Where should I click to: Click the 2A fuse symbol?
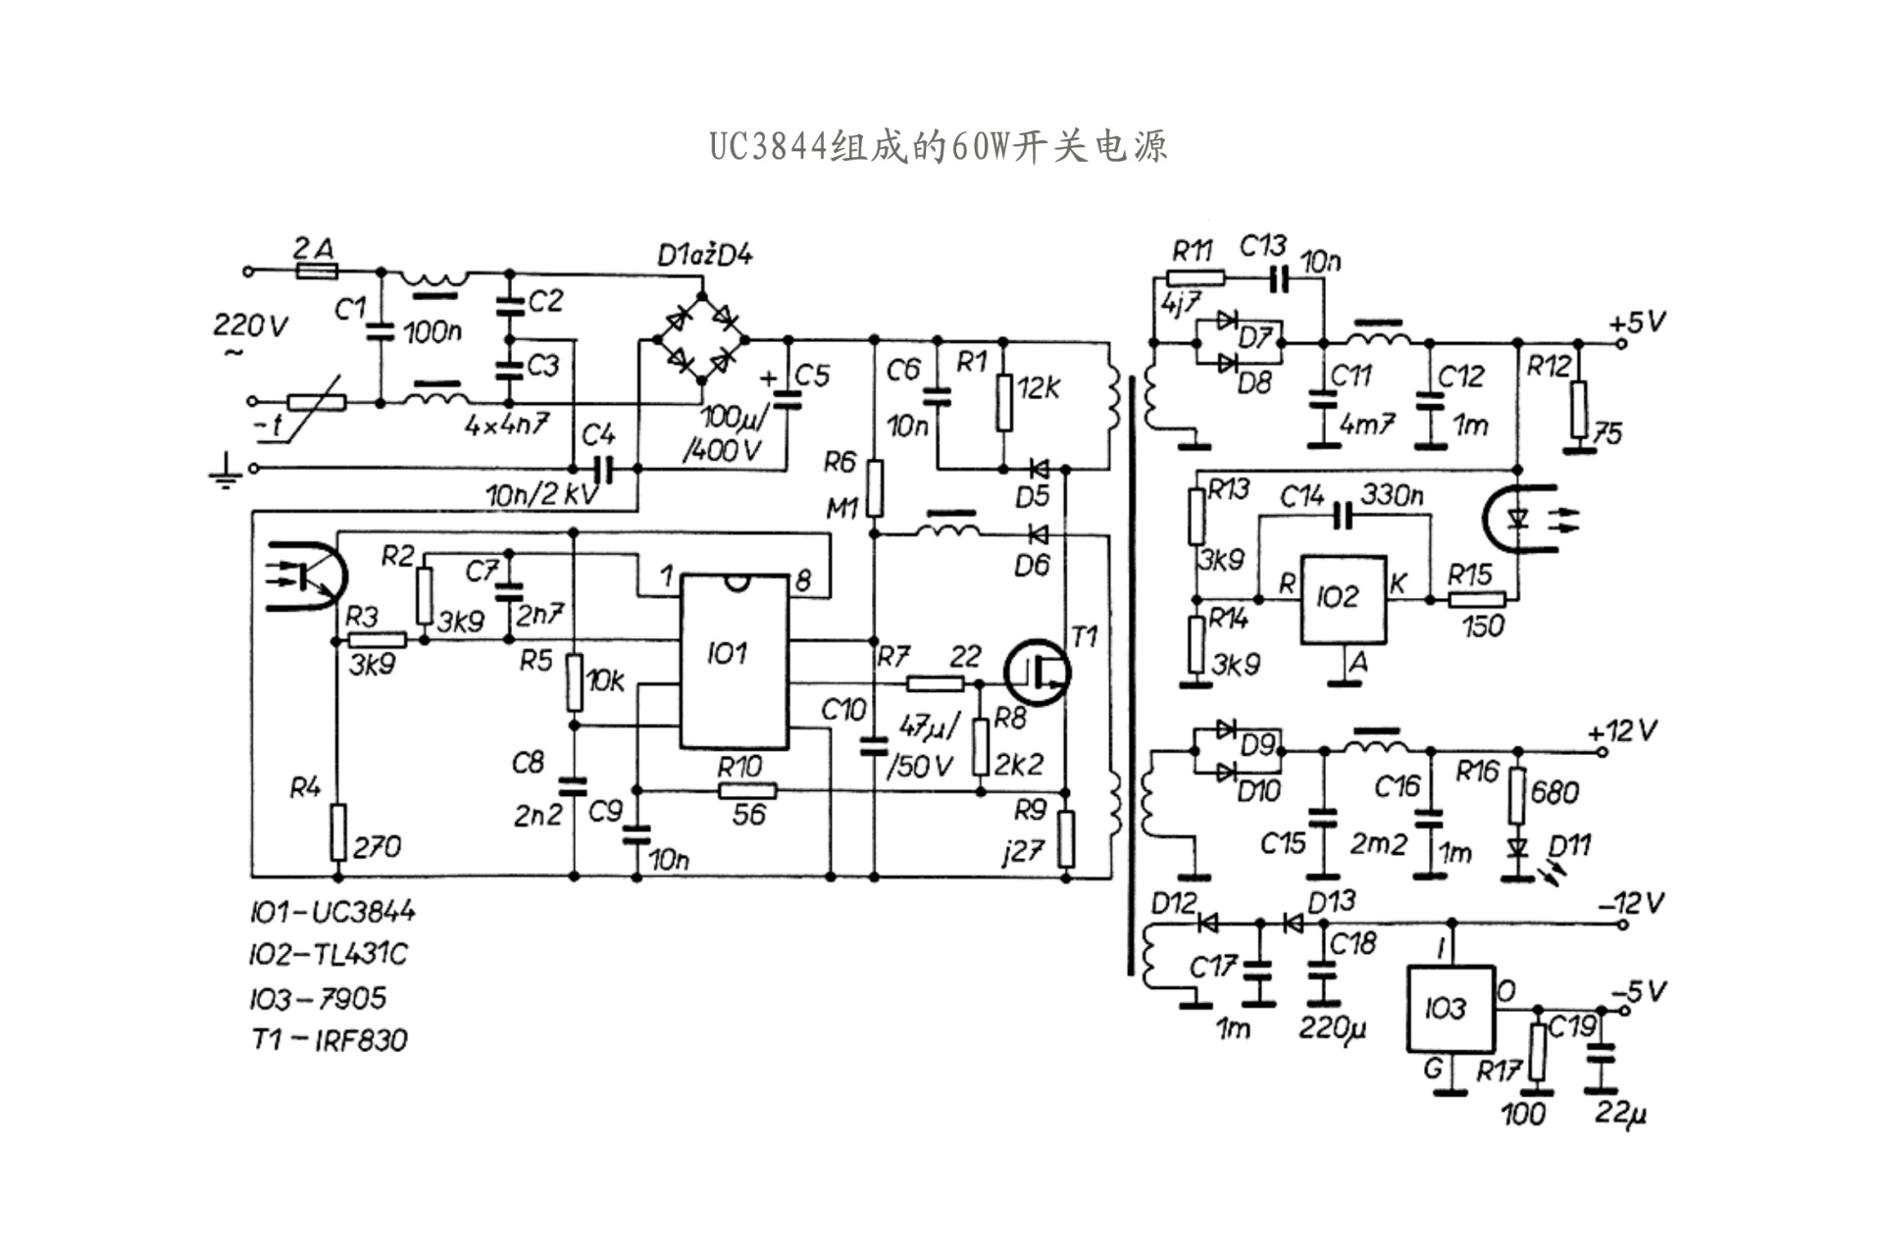coord(315,271)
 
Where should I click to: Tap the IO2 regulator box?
coord(1343,599)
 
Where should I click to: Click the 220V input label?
coord(250,325)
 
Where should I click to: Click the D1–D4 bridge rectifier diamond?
coord(700,338)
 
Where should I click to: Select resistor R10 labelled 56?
coord(747,791)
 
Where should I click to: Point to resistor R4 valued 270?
coord(337,831)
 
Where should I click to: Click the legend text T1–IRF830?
coord(329,1039)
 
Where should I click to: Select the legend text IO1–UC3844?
coord(332,913)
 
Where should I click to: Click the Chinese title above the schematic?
coord(939,147)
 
